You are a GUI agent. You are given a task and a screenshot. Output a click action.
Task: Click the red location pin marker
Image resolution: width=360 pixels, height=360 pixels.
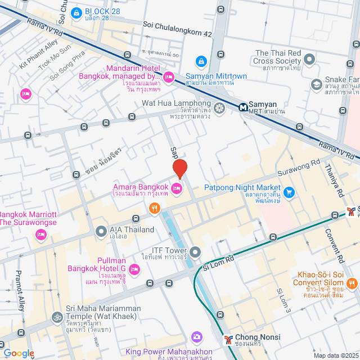[x=179, y=168]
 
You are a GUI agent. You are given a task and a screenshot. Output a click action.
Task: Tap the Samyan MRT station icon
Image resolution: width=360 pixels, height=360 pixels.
[x=243, y=106]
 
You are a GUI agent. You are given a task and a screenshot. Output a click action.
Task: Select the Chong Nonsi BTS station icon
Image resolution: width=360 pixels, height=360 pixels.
[x=228, y=339]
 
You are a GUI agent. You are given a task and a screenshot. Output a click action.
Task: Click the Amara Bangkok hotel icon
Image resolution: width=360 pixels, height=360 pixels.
[x=177, y=187]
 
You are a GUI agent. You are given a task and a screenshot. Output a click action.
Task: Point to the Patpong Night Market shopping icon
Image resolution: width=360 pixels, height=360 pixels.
[x=289, y=192]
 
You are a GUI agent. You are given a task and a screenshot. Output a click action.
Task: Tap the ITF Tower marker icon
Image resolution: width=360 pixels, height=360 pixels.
[x=195, y=251]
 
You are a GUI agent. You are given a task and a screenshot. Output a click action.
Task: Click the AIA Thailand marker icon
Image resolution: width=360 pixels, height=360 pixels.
[x=101, y=230]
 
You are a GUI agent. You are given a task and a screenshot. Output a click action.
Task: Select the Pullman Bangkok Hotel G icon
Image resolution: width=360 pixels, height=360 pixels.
[x=134, y=270]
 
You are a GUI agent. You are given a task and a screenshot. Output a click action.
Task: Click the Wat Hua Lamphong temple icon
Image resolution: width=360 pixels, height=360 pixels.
[x=219, y=107]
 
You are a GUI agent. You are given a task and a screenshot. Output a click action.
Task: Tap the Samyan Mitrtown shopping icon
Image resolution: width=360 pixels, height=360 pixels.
[x=200, y=60]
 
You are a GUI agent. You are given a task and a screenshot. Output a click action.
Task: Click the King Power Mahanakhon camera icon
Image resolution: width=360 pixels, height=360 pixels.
[x=196, y=337]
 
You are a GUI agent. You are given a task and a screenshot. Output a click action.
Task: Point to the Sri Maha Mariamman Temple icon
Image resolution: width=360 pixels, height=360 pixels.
[x=56, y=317]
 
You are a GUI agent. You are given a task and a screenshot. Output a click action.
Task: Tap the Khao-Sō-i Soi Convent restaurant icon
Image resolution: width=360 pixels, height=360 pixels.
[x=352, y=283]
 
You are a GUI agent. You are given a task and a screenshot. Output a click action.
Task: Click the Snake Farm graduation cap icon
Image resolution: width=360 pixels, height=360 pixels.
[x=317, y=84]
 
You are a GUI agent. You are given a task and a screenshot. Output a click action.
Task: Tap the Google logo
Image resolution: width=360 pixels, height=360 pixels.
[x=19, y=353]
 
